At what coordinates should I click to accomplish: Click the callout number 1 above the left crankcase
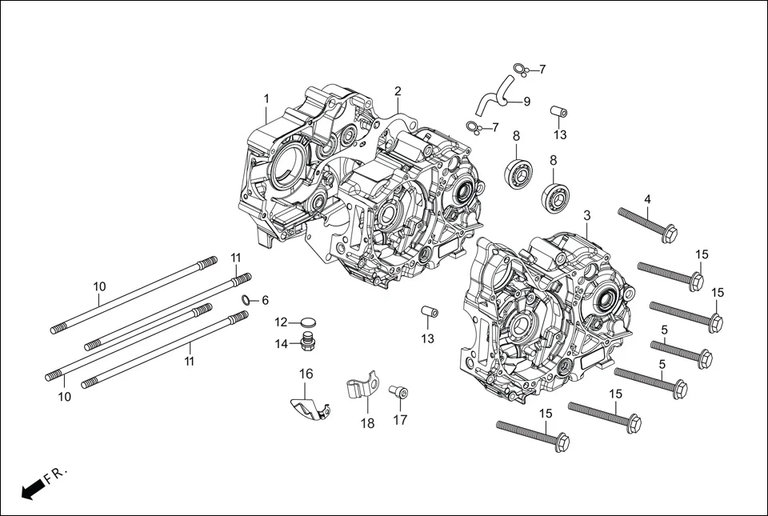click(266, 98)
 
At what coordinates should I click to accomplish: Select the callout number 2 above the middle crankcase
click(398, 91)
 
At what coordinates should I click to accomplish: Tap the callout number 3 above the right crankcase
click(586, 215)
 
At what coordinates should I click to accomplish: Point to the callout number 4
click(647, 199)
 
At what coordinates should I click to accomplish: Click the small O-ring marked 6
click(247, 300)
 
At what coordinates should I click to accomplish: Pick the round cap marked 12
click(307, 323)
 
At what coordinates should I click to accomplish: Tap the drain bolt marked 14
click(306, 344)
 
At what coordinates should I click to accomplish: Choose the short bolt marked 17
click(398, 392)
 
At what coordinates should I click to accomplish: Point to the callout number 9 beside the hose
click(526, 101)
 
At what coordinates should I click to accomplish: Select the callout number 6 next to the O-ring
click(265, 300)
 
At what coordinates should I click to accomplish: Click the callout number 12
click(281, 322)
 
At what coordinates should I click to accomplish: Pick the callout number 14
click(282, 344)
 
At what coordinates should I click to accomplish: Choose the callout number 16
click(306, 374)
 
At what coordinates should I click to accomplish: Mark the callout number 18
click(367, 424)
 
